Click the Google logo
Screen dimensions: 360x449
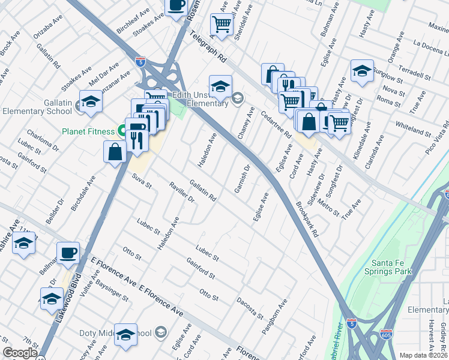coord(19,353)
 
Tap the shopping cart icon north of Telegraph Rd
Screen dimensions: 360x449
coord(221,24)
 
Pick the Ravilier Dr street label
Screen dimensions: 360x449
coord(182,191)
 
